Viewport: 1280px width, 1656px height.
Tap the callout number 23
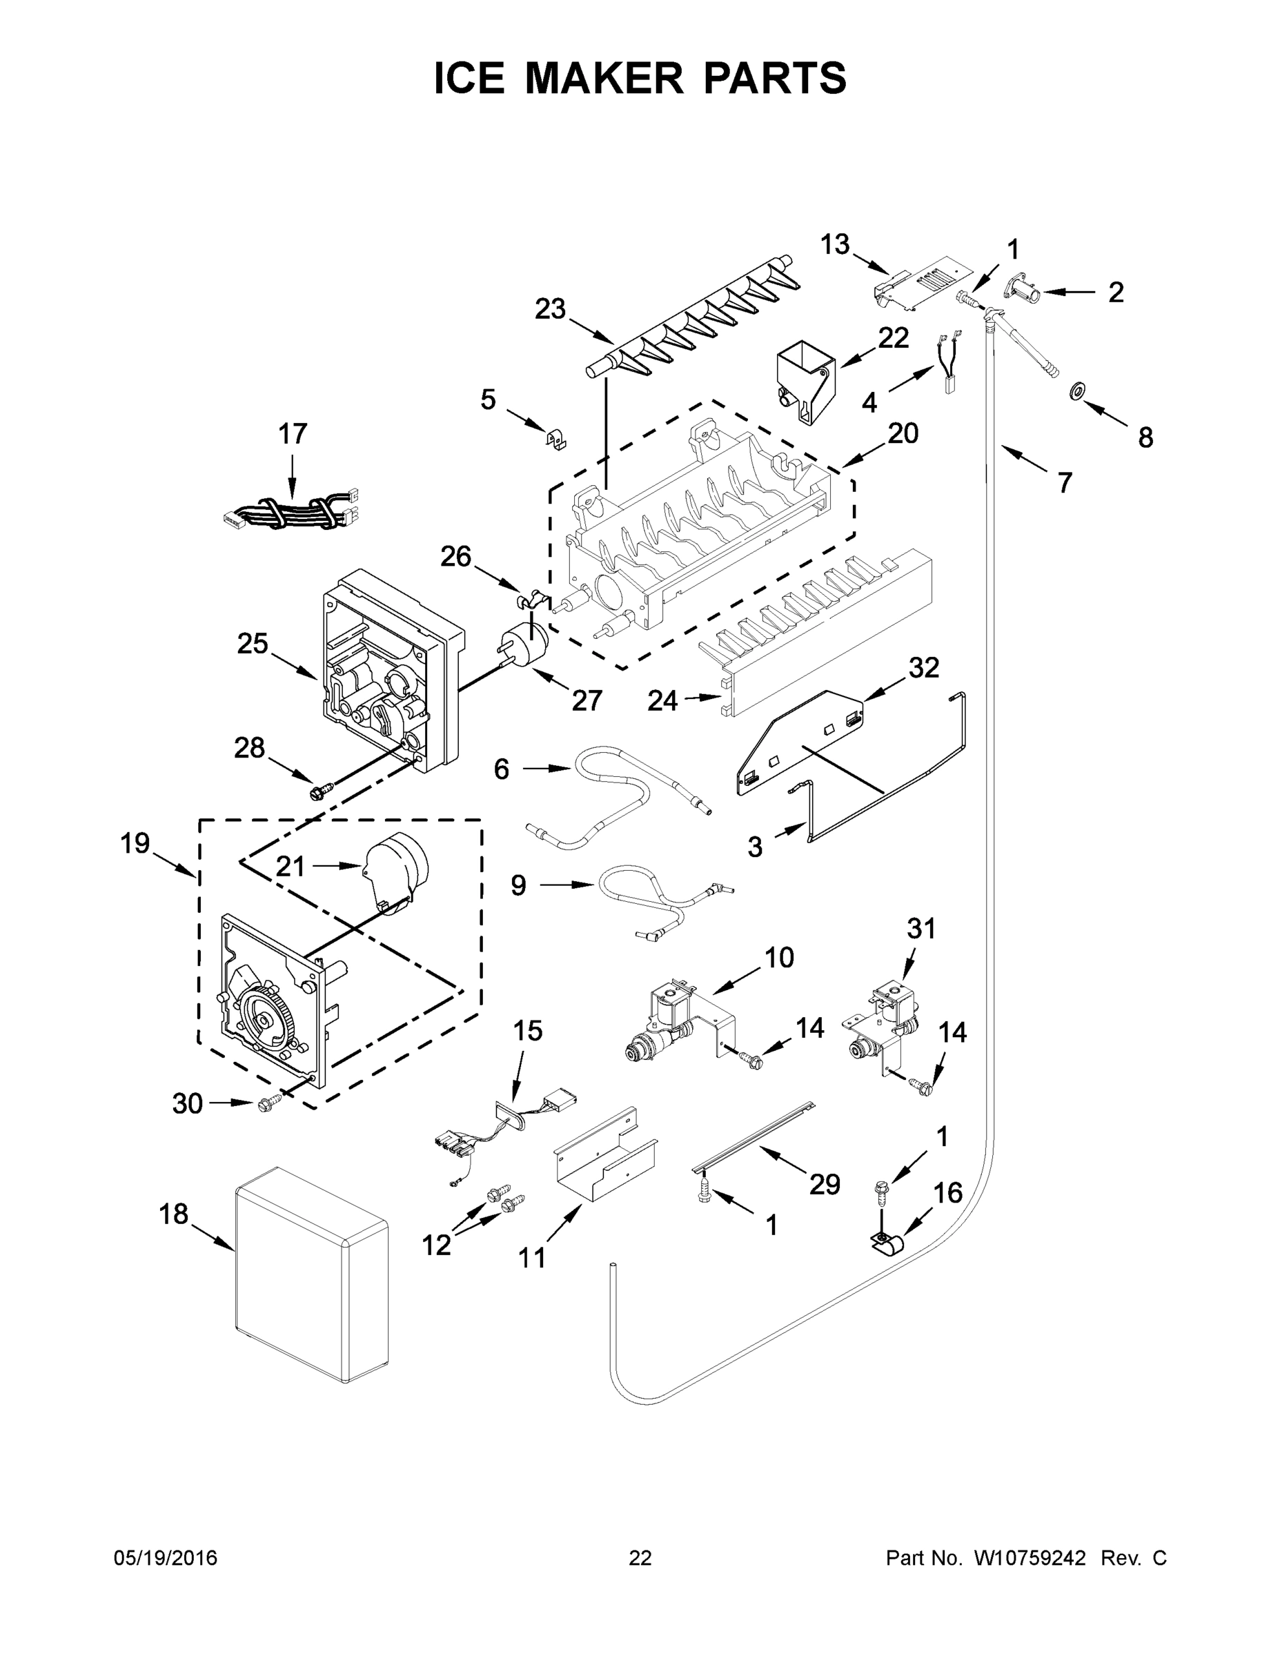tap(551, 309)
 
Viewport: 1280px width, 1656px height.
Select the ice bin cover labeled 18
tap(311, 1273)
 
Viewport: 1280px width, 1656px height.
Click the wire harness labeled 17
tap(288, 512)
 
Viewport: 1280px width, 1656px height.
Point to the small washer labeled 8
tap(1075, 391)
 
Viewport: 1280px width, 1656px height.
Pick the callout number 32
tap(924, 667)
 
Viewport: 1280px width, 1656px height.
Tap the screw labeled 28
tap(315, 792)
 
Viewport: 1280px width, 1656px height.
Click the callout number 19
tap(136, 843)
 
